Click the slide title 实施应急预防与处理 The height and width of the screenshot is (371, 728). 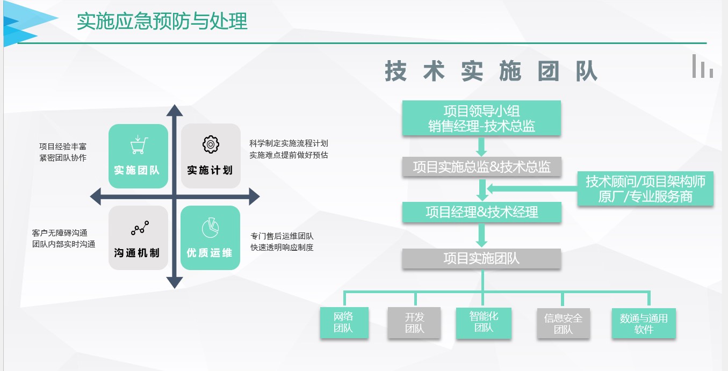click(162, 21)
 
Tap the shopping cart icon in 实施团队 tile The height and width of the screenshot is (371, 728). click(139, 145)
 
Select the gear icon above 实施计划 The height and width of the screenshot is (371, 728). click(211, 144)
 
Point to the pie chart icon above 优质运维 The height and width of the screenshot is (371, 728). click(210, 228)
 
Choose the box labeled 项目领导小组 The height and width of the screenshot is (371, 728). click(481, 118)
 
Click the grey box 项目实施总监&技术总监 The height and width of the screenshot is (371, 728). click(481, 166)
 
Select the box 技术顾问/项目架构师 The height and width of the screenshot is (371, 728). click(645, 188)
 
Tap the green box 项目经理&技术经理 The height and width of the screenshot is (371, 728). click(481, 212)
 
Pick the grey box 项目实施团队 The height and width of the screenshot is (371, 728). click(481, 258)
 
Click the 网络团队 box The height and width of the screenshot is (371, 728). click(344, 322)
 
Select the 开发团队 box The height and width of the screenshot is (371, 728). click(414, 322)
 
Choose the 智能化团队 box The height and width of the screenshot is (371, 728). click(484, 322)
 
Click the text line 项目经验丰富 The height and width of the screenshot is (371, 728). click(62, 146)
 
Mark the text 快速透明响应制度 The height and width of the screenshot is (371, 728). click(282, 248)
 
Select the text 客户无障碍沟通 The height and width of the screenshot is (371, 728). click(60, 232)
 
